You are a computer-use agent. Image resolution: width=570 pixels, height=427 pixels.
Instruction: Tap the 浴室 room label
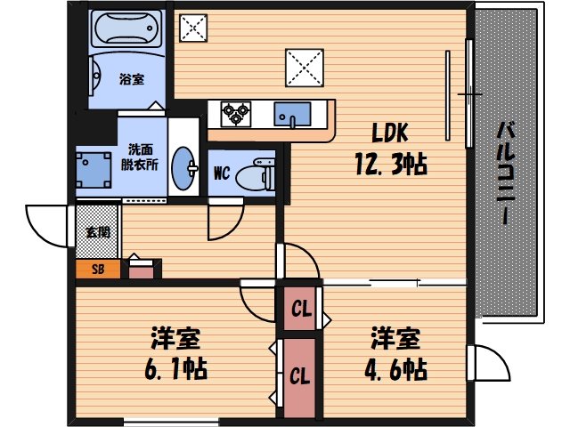pyautogui.click(x=132, y=78)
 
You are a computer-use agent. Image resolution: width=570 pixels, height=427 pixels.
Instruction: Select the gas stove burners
pyautogui.click(x=237, y=112)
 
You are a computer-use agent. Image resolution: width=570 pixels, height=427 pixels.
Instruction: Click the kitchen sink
pyautogui.click(x=291, y=114)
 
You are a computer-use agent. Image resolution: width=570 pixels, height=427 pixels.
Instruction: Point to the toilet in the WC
pyautogui.click(x=262, y=172)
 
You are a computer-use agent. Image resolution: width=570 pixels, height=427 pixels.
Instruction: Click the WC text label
pyautogui.click(x=223, y=174)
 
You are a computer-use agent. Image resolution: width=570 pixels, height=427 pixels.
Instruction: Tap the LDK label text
pyautogui.click(x=390, y=135)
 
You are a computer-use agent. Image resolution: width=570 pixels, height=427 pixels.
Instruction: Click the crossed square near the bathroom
pyautogui.click(x=193, y=28)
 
